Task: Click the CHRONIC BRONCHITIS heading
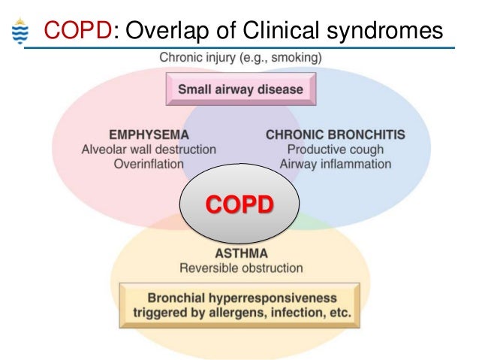coord(336,135)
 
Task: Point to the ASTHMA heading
coord(239,254)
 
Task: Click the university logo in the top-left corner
coord(20,31)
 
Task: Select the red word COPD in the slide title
coord(79,30)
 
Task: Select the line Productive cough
coord(336,150)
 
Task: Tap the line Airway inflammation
coord(336,164)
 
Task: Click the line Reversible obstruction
coord(239,268)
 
